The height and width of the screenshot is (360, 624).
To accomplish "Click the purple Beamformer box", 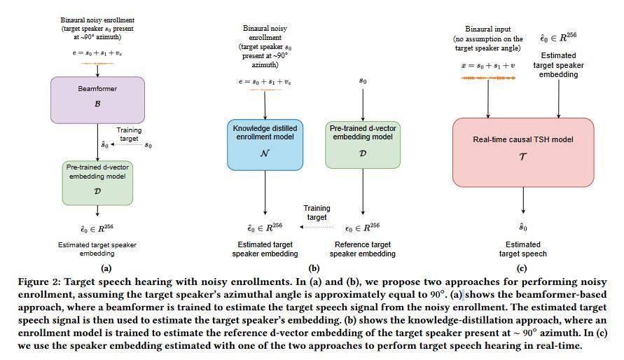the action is (x=97, y=100).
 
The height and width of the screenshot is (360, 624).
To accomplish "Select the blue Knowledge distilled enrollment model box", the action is (x=265, y=145).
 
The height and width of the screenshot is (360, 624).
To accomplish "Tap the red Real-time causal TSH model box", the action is (x=523, y=153).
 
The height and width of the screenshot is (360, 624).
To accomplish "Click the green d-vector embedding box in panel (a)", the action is (x=97, y=183).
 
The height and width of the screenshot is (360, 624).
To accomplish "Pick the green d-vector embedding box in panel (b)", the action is (x=363, y=145).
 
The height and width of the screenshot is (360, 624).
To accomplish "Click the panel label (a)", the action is (x=106, y=268).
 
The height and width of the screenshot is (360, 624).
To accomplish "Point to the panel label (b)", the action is (x=314, y=268).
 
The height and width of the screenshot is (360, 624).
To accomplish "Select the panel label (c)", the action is (x=522, y=268).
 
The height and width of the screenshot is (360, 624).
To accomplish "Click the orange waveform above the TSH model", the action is (x=488, y=78).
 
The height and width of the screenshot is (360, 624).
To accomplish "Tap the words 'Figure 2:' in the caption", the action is (x=39, y=282).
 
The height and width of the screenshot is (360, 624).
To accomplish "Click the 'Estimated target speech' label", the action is (x=523, y=249).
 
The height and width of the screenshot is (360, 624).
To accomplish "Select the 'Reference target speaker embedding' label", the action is (x=363, y=249).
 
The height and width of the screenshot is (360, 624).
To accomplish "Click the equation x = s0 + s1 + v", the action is (x=488, y=66).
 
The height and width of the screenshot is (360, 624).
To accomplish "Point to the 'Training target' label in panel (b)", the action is (x=317, y=212).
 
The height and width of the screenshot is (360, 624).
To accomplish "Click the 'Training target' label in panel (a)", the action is (x=129, y=134).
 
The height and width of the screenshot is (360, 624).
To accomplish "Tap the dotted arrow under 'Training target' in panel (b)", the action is (x=317, y=227).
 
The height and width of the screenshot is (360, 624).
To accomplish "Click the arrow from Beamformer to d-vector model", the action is (x=97, y=142).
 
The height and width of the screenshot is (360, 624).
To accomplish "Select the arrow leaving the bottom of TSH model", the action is (x=523, y=200).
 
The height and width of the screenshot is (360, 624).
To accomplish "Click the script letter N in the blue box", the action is (x=265, y=153).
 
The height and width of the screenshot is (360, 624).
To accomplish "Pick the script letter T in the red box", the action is (x=523, y=156).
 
